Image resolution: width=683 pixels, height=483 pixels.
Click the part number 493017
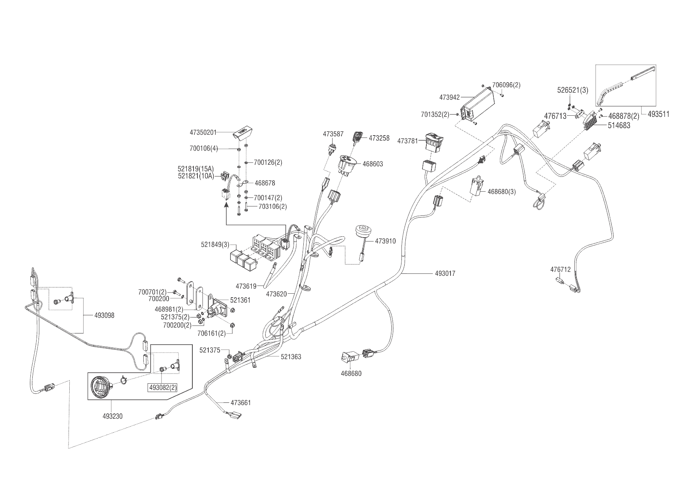(x=445, y=273)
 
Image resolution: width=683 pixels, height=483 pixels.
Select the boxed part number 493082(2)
(x=162, y=388)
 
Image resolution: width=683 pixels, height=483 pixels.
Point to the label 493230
(x=113, y=416)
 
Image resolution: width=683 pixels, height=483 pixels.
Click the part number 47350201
(x=203, y=132)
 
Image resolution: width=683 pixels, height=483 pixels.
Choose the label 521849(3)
(x=215, y=245)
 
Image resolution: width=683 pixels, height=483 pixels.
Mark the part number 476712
(x=560, y=270)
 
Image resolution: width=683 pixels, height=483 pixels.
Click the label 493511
(x=658, y=114)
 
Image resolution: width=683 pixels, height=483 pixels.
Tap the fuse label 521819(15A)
(x=195, y=169)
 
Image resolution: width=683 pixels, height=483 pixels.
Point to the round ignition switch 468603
(x=347, y=164)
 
